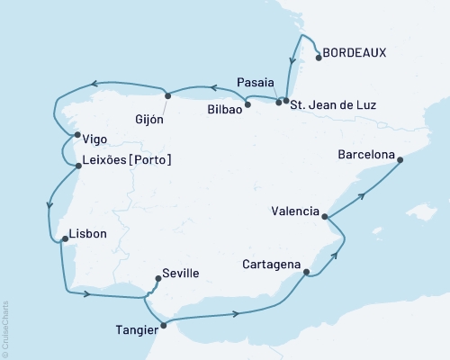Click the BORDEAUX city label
[355, 53]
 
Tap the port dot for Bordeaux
[318, 58]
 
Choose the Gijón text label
[148, 117]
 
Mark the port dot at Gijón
[166, 94]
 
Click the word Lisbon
[87, 234]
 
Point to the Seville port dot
[157, 278]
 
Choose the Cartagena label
[271, 265]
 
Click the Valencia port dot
[325, 216]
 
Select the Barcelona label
[365, 155]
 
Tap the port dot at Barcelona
[400, 160]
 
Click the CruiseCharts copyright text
[4, 329]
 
